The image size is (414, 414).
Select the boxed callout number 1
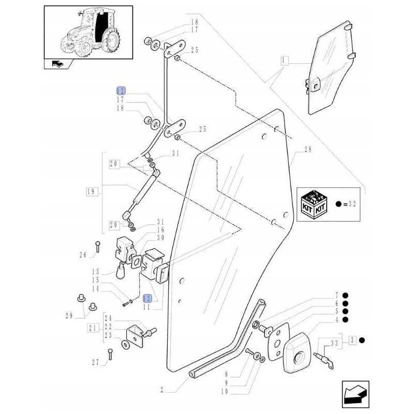click(x=284, y=61)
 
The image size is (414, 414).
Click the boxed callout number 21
click(x=93, y=327)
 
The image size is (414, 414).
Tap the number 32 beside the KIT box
click(x=353, y=204)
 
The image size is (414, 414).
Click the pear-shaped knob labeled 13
click(x=121, y=270)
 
